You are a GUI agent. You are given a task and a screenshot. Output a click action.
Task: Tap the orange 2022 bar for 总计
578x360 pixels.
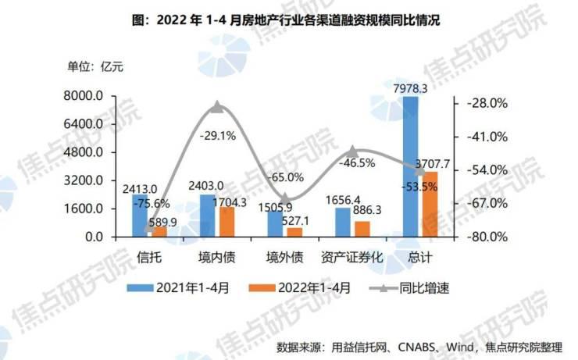[429, 204]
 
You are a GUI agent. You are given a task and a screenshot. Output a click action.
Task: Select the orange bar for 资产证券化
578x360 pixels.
[362, 229]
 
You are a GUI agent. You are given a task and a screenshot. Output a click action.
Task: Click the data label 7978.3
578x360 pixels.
[412, 89]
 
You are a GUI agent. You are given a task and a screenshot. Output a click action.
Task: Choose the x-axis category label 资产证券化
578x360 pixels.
[351, 256]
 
